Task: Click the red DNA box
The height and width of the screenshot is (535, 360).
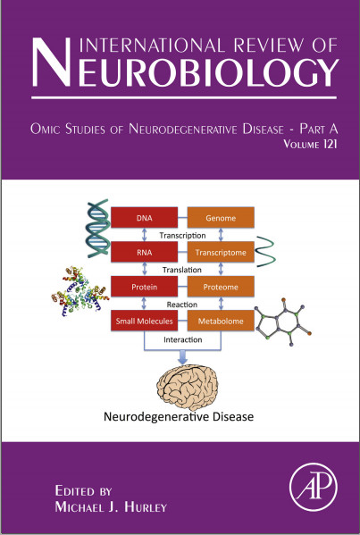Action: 144,217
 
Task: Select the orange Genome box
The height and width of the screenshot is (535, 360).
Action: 221,217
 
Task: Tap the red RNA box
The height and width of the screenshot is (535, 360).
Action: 144,252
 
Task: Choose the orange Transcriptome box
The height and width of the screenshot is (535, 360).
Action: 221,252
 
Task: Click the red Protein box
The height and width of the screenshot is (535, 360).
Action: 144,287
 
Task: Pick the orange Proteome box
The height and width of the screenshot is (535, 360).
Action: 221,287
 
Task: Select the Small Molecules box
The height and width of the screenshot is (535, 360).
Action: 144,321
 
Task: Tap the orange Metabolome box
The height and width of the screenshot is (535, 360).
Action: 221,321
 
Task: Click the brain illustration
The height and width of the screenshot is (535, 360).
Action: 188,387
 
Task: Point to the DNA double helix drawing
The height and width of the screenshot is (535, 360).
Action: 98,229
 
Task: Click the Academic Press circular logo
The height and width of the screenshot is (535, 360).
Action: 313,487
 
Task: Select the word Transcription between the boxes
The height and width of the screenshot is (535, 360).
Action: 182,236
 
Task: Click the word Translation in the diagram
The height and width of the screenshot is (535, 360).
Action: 182,270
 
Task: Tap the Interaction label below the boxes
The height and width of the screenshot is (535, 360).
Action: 182,339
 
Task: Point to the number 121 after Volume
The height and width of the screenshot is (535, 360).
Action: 329,144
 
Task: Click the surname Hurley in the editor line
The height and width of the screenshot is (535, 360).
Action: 145,506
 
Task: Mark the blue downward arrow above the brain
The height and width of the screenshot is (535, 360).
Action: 183,357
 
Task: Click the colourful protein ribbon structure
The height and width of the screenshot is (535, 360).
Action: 80,291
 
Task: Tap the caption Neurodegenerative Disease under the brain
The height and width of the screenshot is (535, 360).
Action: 179,416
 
